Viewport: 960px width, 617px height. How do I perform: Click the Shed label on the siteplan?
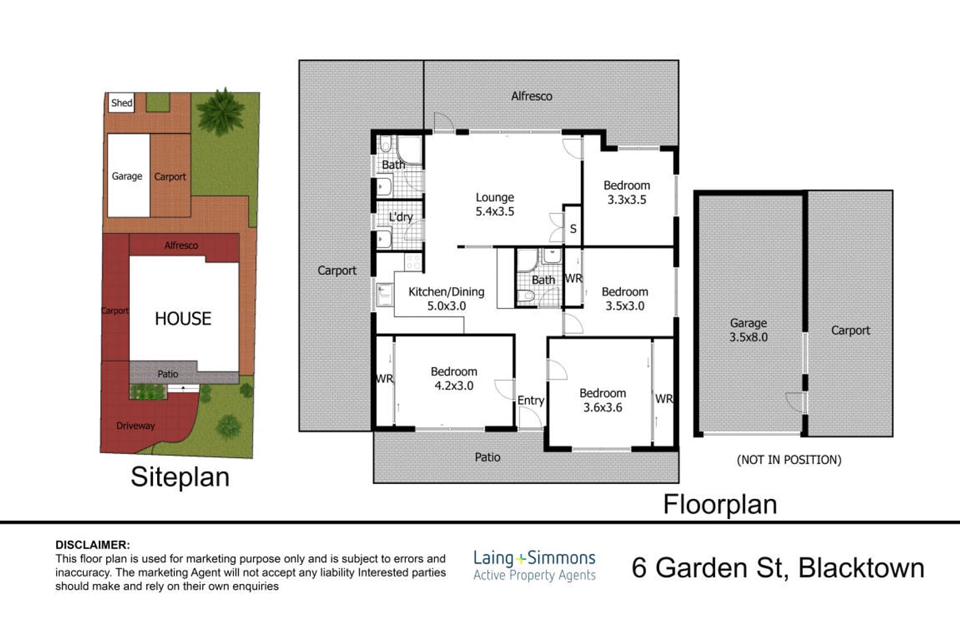(x=122, y=103)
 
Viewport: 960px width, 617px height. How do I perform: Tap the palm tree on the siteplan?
(x=221, y=111)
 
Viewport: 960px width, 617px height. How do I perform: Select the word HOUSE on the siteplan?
(x=183, y=319)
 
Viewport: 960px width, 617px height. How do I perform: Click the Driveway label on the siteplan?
(x=136, y=426)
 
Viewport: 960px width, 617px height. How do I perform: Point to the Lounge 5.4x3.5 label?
(x=495, y=204)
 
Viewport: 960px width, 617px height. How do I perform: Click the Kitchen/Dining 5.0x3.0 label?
(x=446, y=299)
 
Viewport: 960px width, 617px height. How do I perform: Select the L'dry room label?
(x=400, y=217)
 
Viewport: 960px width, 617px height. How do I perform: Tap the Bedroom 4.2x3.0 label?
(x=454, y=378)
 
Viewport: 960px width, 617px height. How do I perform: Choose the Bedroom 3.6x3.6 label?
(x=603, y=400)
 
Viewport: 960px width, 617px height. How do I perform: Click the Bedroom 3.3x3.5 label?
(x=627, y=193)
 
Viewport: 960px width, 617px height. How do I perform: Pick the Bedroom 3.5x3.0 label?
(x=625, y=299)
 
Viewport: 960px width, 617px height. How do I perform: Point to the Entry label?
(x=531, y=400)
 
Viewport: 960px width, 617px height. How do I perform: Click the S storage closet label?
(x=573, y=229)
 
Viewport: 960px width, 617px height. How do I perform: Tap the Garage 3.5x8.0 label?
(x=749, y=330)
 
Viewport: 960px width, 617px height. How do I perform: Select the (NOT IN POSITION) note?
(x=789, y=460)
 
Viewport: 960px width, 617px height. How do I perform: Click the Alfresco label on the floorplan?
(x=531, y=96)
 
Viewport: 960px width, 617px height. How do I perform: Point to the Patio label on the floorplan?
(x=488, y=457)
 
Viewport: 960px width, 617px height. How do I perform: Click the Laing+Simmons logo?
(x=534, y=566)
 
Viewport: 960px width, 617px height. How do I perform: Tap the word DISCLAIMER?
(x=93, y=545)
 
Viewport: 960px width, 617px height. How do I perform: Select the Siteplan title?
(x=180, y=477)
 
